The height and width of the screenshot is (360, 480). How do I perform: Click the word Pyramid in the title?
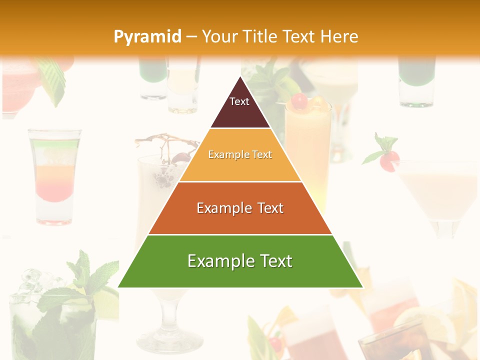(x=147, y=37)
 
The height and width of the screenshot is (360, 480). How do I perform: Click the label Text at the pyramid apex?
(x=239, y=101)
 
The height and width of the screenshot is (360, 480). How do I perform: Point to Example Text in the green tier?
(x=240, y=261)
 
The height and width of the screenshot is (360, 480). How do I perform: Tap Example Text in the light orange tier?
(x=240, y=155)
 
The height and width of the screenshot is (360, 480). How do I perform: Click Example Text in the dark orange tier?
(x=240, y=208)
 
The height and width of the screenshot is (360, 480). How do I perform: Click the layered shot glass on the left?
(x=54, y=175)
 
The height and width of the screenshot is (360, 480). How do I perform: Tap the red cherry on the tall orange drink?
(x=299, y=101)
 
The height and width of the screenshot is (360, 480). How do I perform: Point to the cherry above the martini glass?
(x=388, y=161)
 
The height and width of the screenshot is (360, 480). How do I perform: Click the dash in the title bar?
(x=191, y=37)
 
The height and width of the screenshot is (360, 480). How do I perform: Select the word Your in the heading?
(x=219, y=36)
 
